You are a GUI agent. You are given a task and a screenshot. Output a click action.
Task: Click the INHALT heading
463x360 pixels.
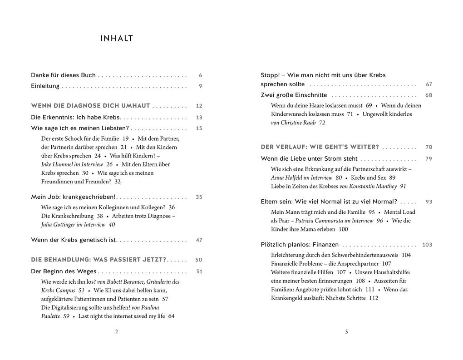117,39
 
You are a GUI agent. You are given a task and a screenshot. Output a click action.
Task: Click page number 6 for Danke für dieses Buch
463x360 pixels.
200,75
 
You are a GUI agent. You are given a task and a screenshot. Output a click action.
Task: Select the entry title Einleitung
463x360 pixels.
45,86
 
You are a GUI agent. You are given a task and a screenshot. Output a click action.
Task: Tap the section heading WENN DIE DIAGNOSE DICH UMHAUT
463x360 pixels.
90,106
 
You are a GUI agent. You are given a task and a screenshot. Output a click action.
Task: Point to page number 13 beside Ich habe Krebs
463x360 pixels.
199,118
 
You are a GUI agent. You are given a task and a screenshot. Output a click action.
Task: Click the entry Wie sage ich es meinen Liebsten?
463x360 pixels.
80,128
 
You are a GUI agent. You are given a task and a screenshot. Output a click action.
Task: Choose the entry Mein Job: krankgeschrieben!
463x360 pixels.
73,197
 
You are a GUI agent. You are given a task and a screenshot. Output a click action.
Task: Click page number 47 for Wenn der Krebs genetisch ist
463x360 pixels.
199,240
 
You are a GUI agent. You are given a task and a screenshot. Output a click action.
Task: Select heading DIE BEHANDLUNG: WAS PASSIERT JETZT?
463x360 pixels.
99,260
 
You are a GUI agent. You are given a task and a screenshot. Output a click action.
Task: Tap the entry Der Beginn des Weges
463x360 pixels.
64,271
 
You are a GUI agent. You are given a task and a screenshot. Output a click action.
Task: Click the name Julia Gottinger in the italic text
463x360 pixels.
61,224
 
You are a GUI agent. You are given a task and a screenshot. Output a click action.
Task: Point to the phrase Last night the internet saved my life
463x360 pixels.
122,316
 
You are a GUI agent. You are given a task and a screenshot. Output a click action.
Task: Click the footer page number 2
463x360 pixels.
117,332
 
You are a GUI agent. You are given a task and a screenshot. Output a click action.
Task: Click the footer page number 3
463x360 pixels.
346,332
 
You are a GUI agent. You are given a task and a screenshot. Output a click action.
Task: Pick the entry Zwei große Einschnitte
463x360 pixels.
294,95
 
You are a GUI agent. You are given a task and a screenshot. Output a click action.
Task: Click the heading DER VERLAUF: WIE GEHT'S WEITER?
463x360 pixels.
320,147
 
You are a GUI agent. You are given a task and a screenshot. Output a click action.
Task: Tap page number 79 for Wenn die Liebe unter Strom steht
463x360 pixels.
429,159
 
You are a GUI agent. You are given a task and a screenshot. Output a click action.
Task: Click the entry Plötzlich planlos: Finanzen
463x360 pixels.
300,245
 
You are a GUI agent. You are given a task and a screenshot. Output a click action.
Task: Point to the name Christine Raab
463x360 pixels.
304,123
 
